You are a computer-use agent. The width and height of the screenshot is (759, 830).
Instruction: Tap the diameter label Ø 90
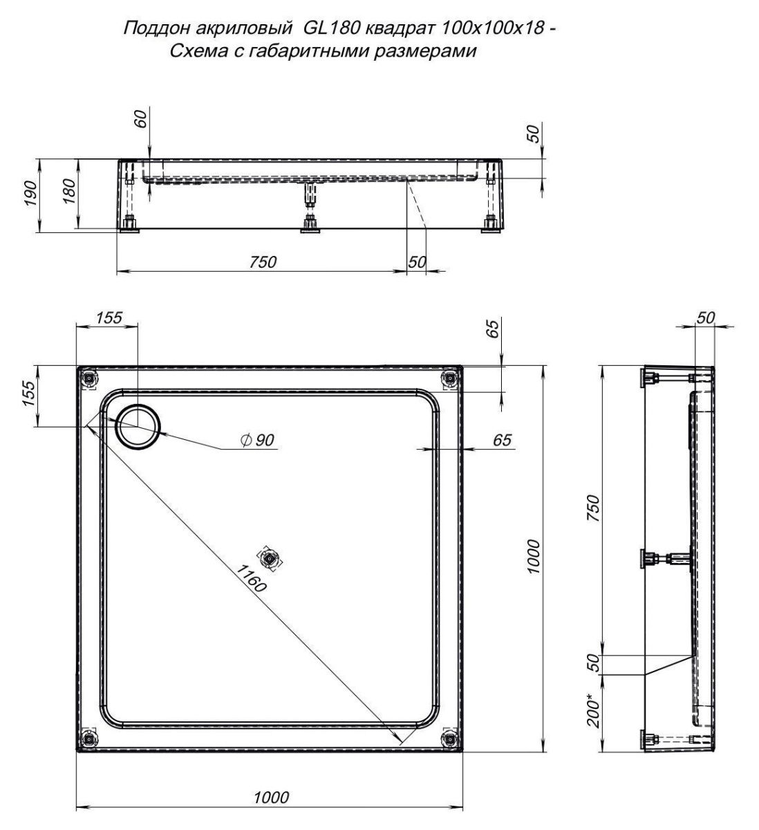[x=256, y=440]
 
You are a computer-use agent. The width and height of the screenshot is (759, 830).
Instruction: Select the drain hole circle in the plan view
[x=138, y=426]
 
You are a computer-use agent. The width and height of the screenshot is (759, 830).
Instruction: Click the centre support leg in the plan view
[x=270, y=559]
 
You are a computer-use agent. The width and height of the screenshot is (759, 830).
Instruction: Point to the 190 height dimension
[x=30, y=193]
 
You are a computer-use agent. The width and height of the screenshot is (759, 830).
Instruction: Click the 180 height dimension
[x=68, y=192]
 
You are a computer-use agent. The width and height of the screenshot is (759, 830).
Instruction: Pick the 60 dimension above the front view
[x=140, y=119]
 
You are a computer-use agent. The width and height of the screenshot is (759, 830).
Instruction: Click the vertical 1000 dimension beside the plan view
[x=534, y=556]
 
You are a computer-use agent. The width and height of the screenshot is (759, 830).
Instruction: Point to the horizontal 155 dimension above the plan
[x=109, y=317]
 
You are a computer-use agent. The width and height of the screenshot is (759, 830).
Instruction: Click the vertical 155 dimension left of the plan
[x=29, y=394]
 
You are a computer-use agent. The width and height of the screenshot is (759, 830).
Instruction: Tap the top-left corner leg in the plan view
[x=89, y=378]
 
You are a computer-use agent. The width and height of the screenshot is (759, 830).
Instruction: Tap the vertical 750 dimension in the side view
[x=593, y=508]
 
